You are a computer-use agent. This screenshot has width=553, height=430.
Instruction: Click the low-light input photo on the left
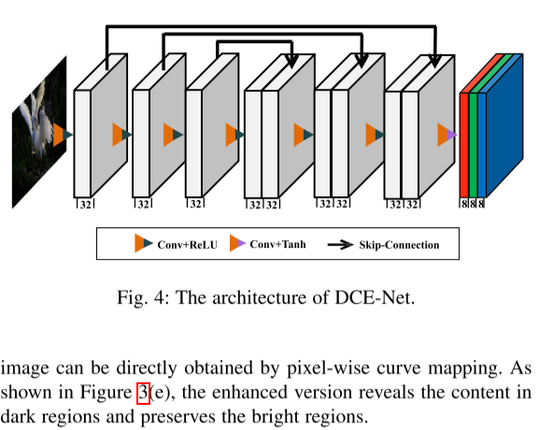pos(38,131)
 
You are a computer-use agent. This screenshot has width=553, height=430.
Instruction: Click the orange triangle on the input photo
pos(60,134)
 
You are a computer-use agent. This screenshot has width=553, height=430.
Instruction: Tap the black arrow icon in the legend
pos(339,245)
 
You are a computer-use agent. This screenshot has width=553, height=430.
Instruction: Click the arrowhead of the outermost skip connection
pos(434,60)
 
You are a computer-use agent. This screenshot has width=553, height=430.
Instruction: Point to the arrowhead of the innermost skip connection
pos(291,60)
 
